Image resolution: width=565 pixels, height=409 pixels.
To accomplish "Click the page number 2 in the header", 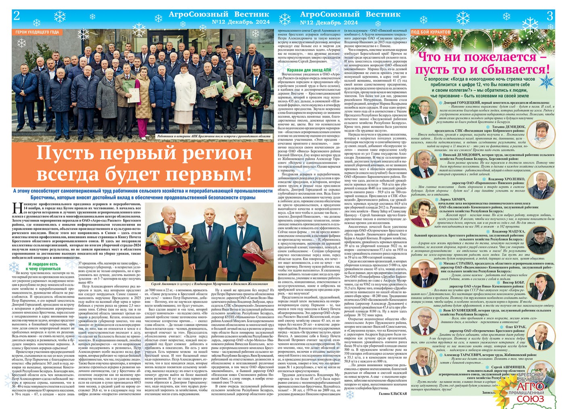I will click(x=17, y=16).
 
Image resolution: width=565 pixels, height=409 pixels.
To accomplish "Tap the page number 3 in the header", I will click(x=549, y=16).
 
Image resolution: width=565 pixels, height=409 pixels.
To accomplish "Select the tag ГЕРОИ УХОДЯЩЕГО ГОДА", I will click(x=37, y=32).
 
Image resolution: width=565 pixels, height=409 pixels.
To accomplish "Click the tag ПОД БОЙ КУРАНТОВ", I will click(x=431, y=32).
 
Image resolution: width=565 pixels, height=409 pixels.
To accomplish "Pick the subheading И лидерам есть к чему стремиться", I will click(x=42, y=266).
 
